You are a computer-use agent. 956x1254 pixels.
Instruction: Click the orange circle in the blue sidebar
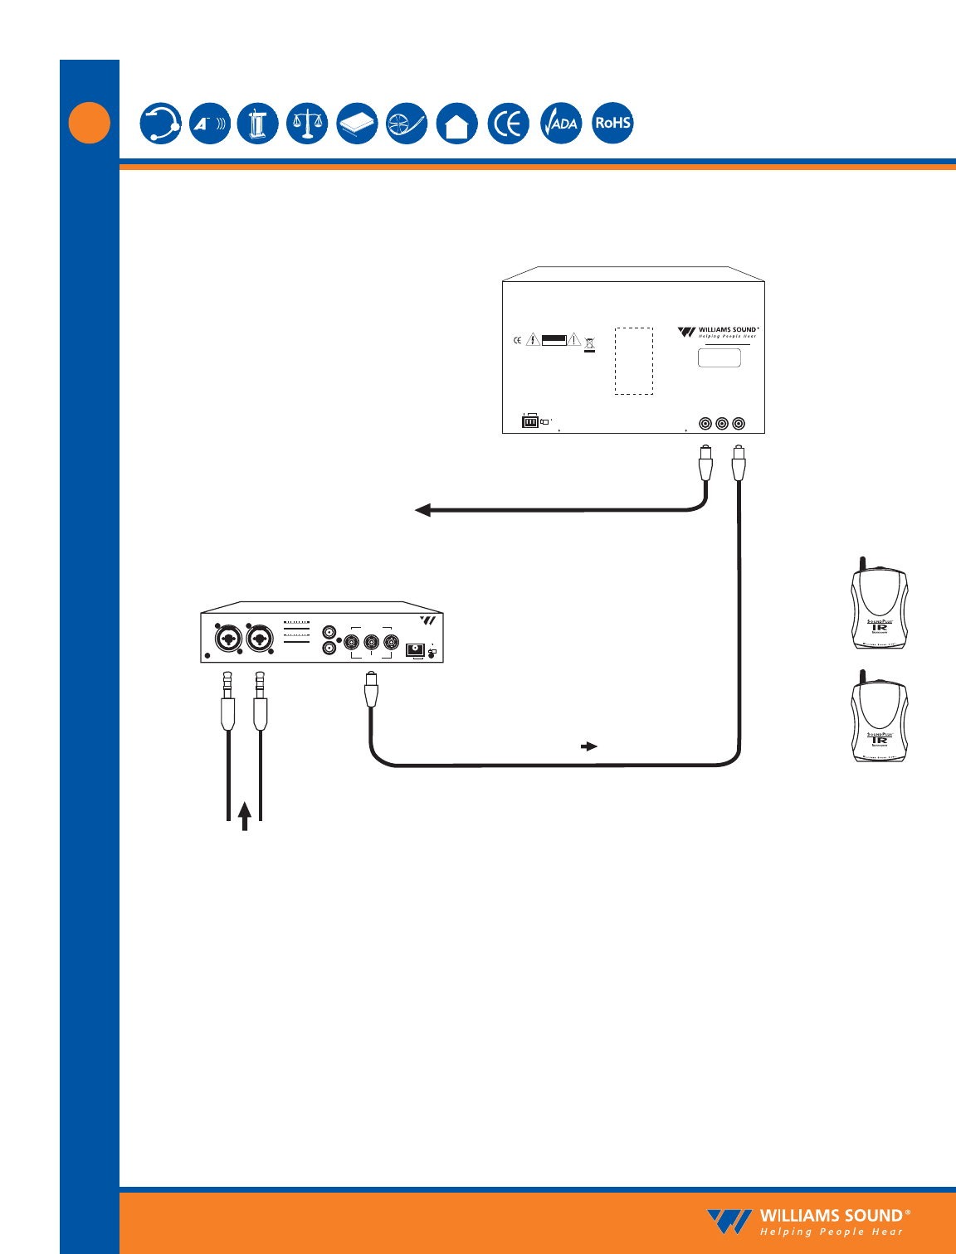point(90,123)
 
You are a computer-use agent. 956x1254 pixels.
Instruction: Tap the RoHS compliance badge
point(612,123)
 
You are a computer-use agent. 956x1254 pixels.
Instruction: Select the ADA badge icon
point(561,124)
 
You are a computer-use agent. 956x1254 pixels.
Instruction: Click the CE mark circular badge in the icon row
point(508,124)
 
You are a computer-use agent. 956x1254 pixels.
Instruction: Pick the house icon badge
point(457,124)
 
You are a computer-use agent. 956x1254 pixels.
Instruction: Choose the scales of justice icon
point(307,124)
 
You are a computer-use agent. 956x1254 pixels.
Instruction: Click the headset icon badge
point(160,124)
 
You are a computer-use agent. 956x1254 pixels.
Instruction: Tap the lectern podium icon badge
point(258,124)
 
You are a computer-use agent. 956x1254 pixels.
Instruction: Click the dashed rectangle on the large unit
point(633,360)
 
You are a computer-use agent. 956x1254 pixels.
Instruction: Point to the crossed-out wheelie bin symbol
point(589,343)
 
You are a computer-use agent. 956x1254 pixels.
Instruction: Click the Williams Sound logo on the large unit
point(718,332)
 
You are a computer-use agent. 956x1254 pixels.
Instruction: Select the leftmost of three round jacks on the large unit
point(705,424)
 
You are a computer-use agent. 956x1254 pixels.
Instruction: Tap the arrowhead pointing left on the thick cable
point(423,510)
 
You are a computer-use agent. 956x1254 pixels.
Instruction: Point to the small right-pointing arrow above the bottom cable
point(589,746)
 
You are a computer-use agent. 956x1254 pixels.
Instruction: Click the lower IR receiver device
point(879,719)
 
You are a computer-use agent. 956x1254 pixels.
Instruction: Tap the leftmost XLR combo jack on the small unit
point(227,639)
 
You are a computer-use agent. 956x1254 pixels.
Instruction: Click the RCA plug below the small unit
point(371,690)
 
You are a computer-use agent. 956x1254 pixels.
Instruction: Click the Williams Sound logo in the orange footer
point(808,1222)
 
